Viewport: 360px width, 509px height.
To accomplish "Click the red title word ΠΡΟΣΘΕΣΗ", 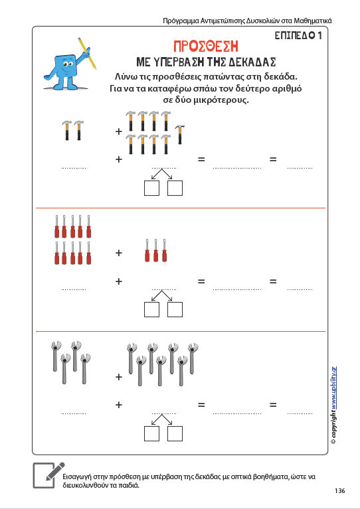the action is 206,46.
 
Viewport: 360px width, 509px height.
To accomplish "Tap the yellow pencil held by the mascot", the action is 87,53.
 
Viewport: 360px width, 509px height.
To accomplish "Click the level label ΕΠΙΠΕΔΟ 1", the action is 298,35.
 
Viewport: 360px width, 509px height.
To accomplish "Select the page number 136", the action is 340,491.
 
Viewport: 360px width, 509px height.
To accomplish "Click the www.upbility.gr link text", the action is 333,388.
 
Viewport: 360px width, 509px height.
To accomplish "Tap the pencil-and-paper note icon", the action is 48,475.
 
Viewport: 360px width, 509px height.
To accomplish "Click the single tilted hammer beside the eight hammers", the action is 180,135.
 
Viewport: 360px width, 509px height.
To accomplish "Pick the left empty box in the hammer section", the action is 151,188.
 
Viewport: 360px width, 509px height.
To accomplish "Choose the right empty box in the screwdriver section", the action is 175,310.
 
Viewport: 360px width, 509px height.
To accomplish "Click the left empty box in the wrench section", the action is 151,434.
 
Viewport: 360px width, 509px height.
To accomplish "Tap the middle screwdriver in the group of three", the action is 156,250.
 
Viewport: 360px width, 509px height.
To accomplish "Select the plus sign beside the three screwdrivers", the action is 119,253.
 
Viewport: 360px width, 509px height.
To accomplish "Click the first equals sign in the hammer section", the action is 201,159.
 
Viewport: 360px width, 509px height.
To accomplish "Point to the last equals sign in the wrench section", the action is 273,405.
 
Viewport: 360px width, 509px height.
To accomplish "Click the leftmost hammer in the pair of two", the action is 67,130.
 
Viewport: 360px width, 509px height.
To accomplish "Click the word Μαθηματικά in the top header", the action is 313,21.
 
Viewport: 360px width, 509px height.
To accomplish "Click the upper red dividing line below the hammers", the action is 180,208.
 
